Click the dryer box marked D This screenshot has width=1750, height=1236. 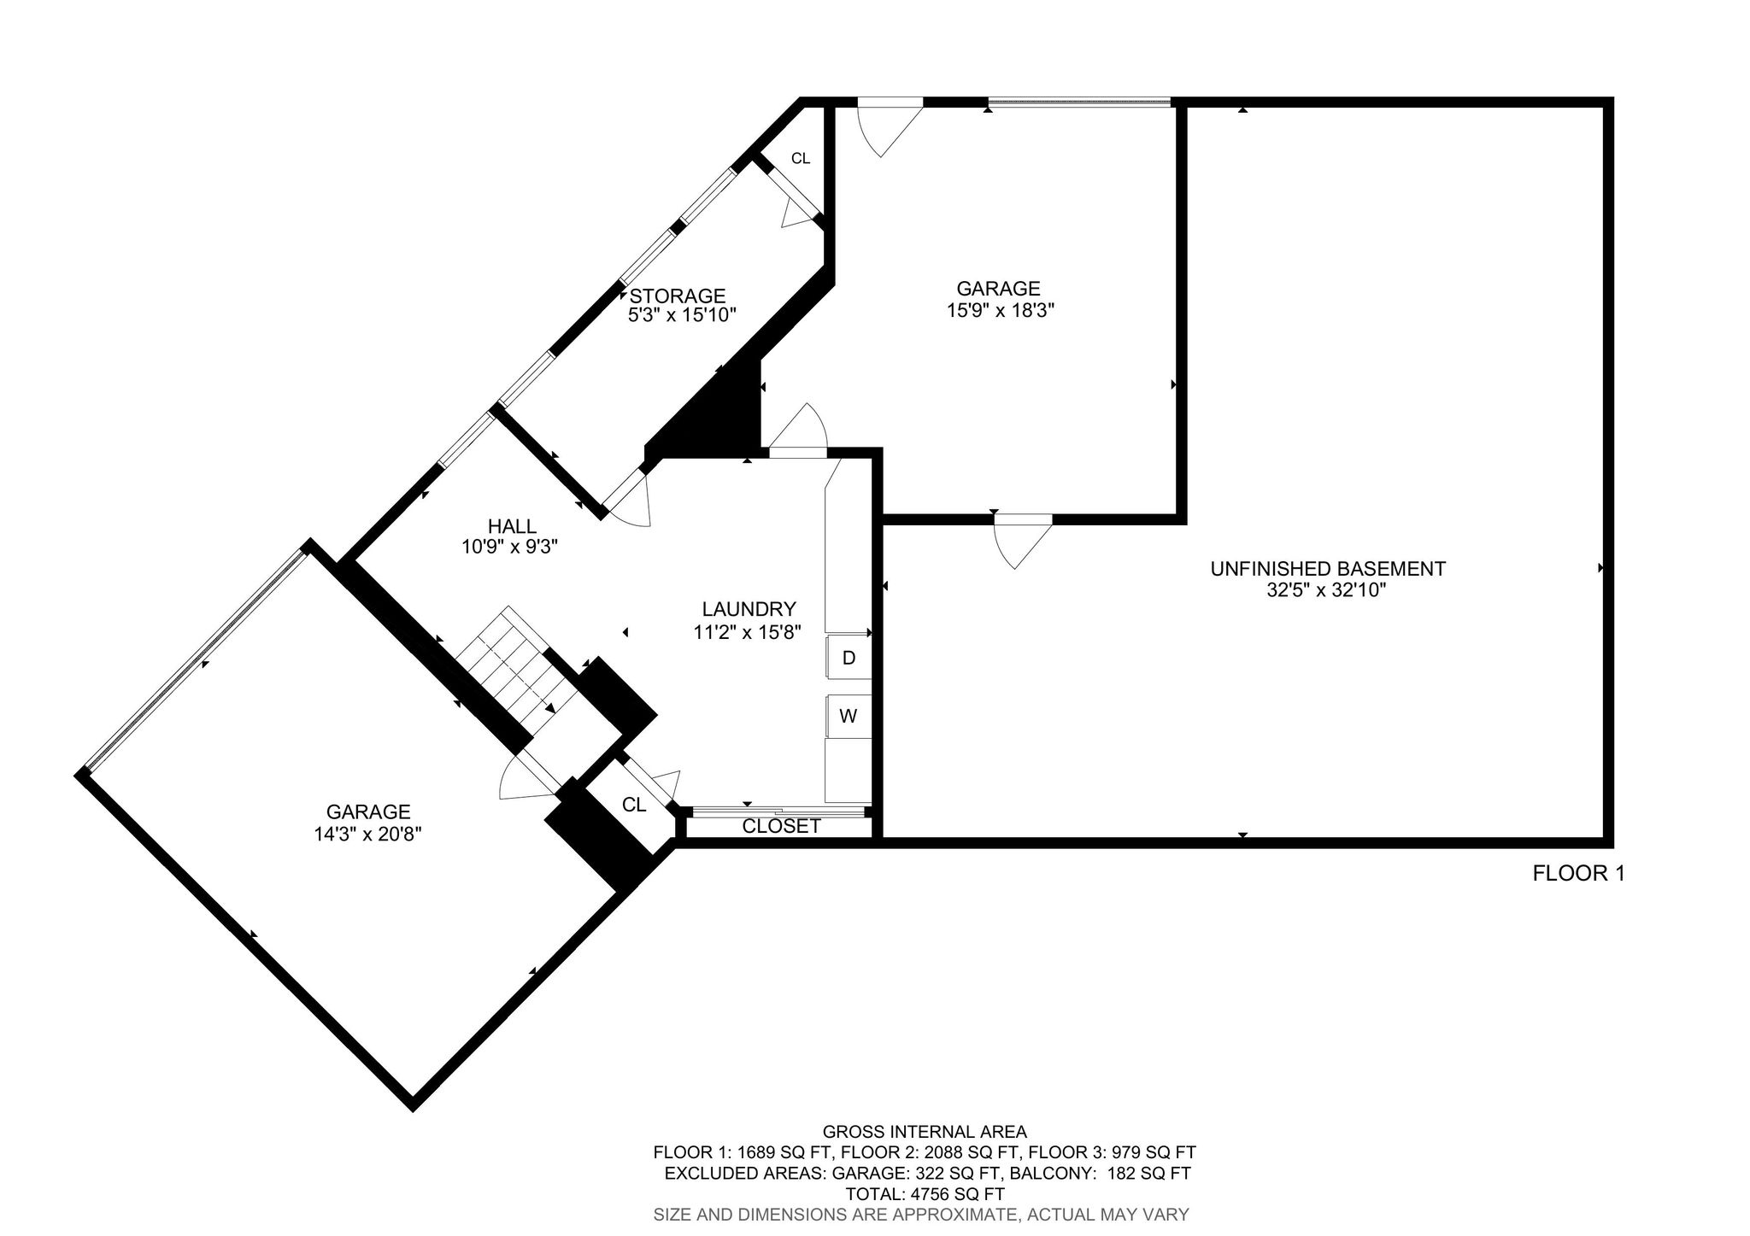tap(849, 657)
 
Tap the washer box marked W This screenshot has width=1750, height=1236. tap(849, 716)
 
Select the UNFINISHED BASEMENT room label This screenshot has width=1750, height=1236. tap(1328, 569)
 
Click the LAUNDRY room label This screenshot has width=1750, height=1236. tap(749, 609)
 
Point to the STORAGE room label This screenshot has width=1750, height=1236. tap(678, 296)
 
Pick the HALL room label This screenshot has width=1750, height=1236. tap(512, 526)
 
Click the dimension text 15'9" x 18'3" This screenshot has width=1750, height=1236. tap(1000, 310)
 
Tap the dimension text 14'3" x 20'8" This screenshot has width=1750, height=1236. tap(368, 834)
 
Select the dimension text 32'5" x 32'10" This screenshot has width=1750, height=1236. tap(1326, 590)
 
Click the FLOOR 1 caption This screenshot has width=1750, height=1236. tap(1578, 873)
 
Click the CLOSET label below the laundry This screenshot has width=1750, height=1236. tap(781, 826)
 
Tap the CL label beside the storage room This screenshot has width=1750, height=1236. tap(800, 158)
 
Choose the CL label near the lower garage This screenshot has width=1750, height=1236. tap(634, 805)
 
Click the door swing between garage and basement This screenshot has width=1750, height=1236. tap(1023, 542)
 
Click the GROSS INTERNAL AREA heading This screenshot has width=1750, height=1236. tap(925, 1132)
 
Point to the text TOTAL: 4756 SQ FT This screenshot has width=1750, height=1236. tap(925, 1194)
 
